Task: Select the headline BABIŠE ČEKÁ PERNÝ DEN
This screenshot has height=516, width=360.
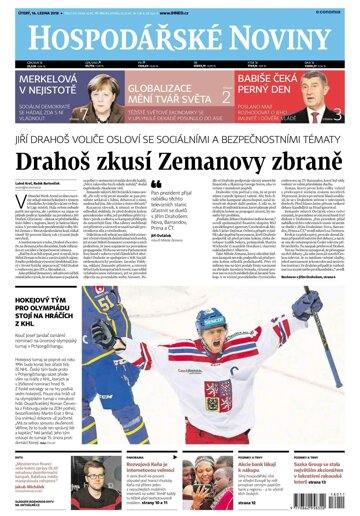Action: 271,85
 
